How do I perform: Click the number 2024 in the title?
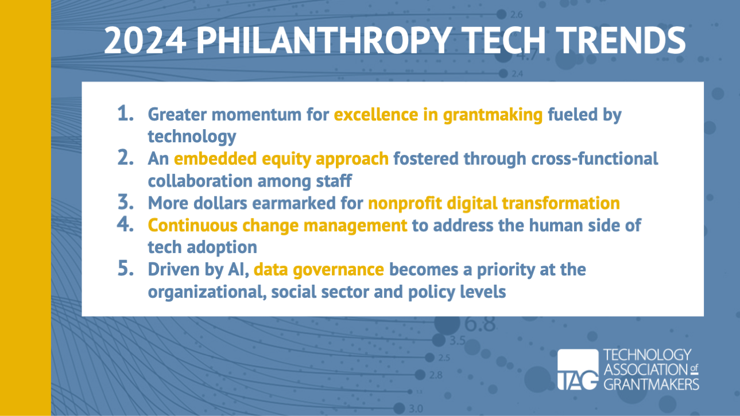pos(144,40)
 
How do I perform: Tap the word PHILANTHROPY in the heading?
pos(324,40)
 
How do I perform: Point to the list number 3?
pos(126,202)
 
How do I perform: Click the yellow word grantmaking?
pos(493,115)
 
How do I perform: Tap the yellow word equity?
pos(286,160)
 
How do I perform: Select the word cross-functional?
pos(595,158)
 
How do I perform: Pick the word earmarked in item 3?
pos(294,203)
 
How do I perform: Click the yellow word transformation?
pos(561,203)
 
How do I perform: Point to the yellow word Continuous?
pos(192,225)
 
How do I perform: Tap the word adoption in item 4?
pos(222,248)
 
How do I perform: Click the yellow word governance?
pos(338,270)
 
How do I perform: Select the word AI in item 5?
pos(238,270)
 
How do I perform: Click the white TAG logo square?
pos(578,370)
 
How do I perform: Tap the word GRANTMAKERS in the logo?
pos(652,384)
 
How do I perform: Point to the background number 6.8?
pos(480,324)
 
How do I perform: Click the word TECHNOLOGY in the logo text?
pos(648,355)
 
